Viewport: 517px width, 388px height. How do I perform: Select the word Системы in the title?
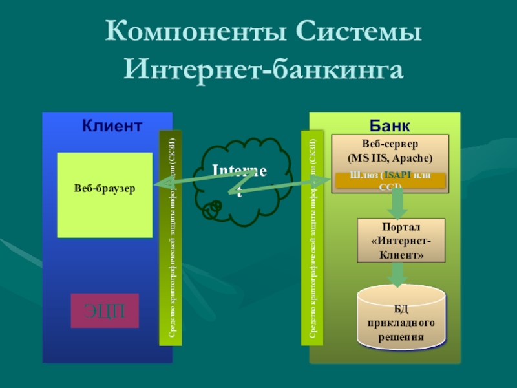[x=357, y=31]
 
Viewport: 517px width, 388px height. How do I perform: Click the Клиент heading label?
[x=112, y=125]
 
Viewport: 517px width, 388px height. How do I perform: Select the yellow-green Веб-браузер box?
[x=104, y=195]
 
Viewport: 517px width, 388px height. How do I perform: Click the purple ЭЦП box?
[x=104, y=310]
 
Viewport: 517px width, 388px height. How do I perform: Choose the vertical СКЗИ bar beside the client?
[x=171, y=237]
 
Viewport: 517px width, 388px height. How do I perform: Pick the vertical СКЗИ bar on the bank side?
[x=312, y=237]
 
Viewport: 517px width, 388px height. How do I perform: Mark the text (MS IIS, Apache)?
[x=390, y=158]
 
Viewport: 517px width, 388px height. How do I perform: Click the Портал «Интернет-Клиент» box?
[x=401, y=241]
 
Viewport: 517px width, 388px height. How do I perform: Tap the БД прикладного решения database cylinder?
[x=401, y=317]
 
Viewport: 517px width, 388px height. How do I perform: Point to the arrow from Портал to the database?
[x=398, y=274]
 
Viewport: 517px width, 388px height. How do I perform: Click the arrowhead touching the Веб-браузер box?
[x=159, y=186]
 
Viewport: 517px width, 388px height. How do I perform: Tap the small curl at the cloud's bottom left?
[x=211, y=209]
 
